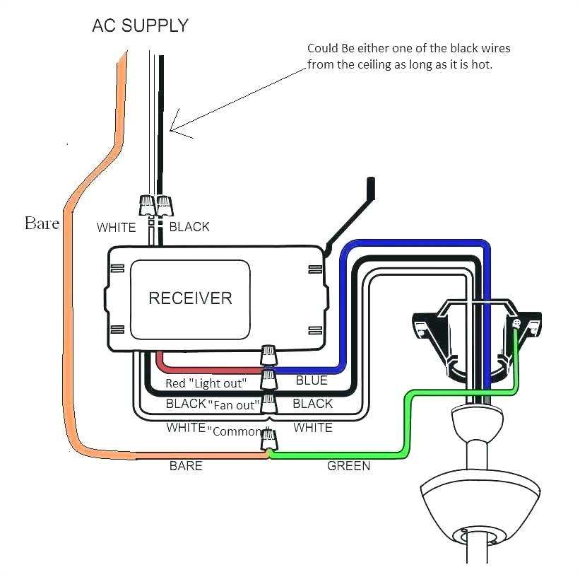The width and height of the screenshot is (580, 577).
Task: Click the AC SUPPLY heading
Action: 141,26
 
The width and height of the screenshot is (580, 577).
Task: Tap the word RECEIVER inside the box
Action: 190,298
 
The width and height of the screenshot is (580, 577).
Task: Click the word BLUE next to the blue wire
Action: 312,380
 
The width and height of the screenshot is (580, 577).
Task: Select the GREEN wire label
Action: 348,466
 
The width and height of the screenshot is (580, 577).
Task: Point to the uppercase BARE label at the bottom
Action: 186,466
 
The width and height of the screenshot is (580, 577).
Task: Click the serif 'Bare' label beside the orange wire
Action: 42,223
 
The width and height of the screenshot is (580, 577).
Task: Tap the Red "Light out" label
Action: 206,383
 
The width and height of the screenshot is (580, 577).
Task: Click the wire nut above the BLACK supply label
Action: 164,206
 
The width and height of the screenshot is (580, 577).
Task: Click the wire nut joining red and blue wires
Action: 268,378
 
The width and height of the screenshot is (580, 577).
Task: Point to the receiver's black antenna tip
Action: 371,187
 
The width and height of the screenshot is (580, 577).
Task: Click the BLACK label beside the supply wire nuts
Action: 189,227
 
